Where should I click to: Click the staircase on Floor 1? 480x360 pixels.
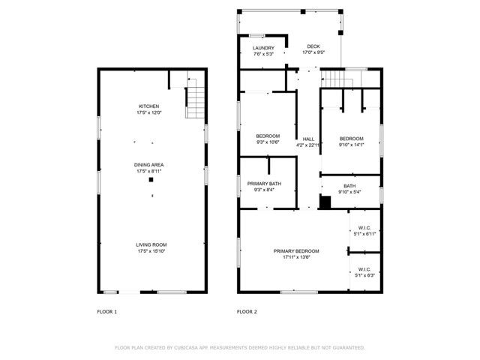coord(195,97)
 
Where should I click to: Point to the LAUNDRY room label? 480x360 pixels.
coord(263,50)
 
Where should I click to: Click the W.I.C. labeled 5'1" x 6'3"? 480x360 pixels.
coord(365,271)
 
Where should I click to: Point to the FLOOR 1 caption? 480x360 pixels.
coord(107,311)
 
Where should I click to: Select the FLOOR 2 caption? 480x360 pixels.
coord(247,311)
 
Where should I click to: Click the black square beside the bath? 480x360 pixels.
coord(325,201)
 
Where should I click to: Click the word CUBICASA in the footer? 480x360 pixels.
coord(186,348)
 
